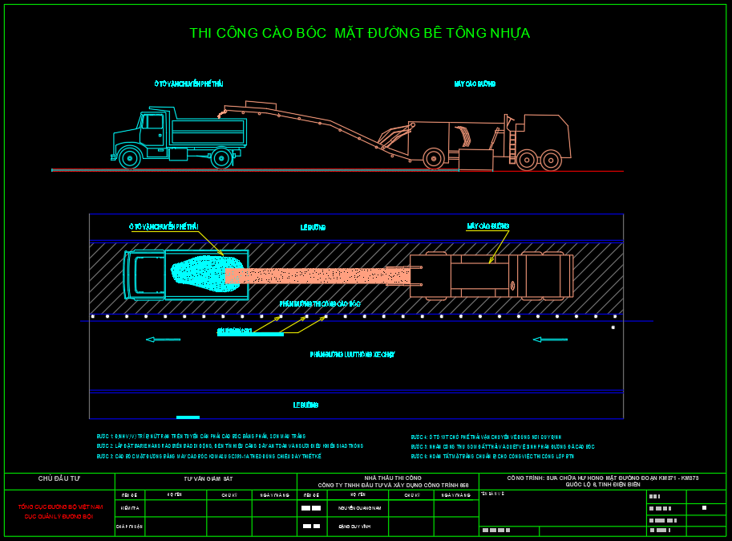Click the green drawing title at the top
359,34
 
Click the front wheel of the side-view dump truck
130,157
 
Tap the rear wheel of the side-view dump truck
221,157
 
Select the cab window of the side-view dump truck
153,122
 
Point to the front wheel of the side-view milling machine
434,159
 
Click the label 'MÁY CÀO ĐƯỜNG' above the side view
475,83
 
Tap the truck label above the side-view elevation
188,83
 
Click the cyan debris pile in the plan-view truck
200,274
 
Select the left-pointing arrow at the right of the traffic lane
550,340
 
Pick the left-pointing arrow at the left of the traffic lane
163,340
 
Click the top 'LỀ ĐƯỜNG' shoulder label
313,228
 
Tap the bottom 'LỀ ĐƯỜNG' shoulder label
305,405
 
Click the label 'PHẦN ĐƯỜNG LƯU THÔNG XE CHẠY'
352,354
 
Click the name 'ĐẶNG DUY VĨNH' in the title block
354,527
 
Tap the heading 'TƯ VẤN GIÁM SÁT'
208,478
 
